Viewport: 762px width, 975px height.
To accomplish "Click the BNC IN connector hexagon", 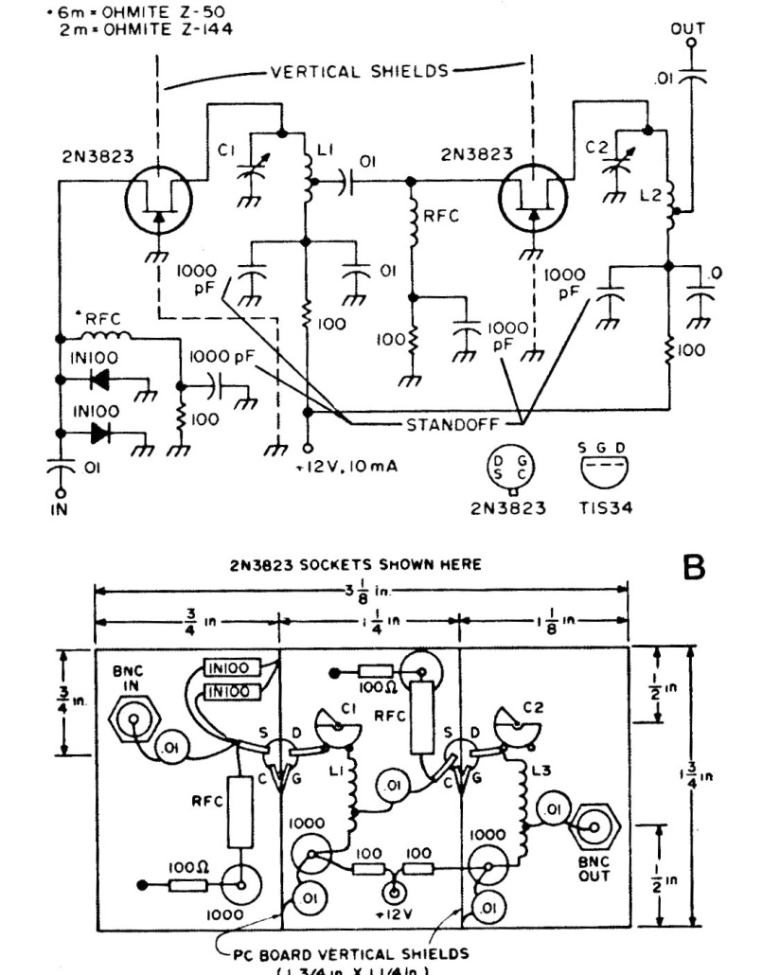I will point(133,722).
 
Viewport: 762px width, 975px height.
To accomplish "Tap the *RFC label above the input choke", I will point(95,318).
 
